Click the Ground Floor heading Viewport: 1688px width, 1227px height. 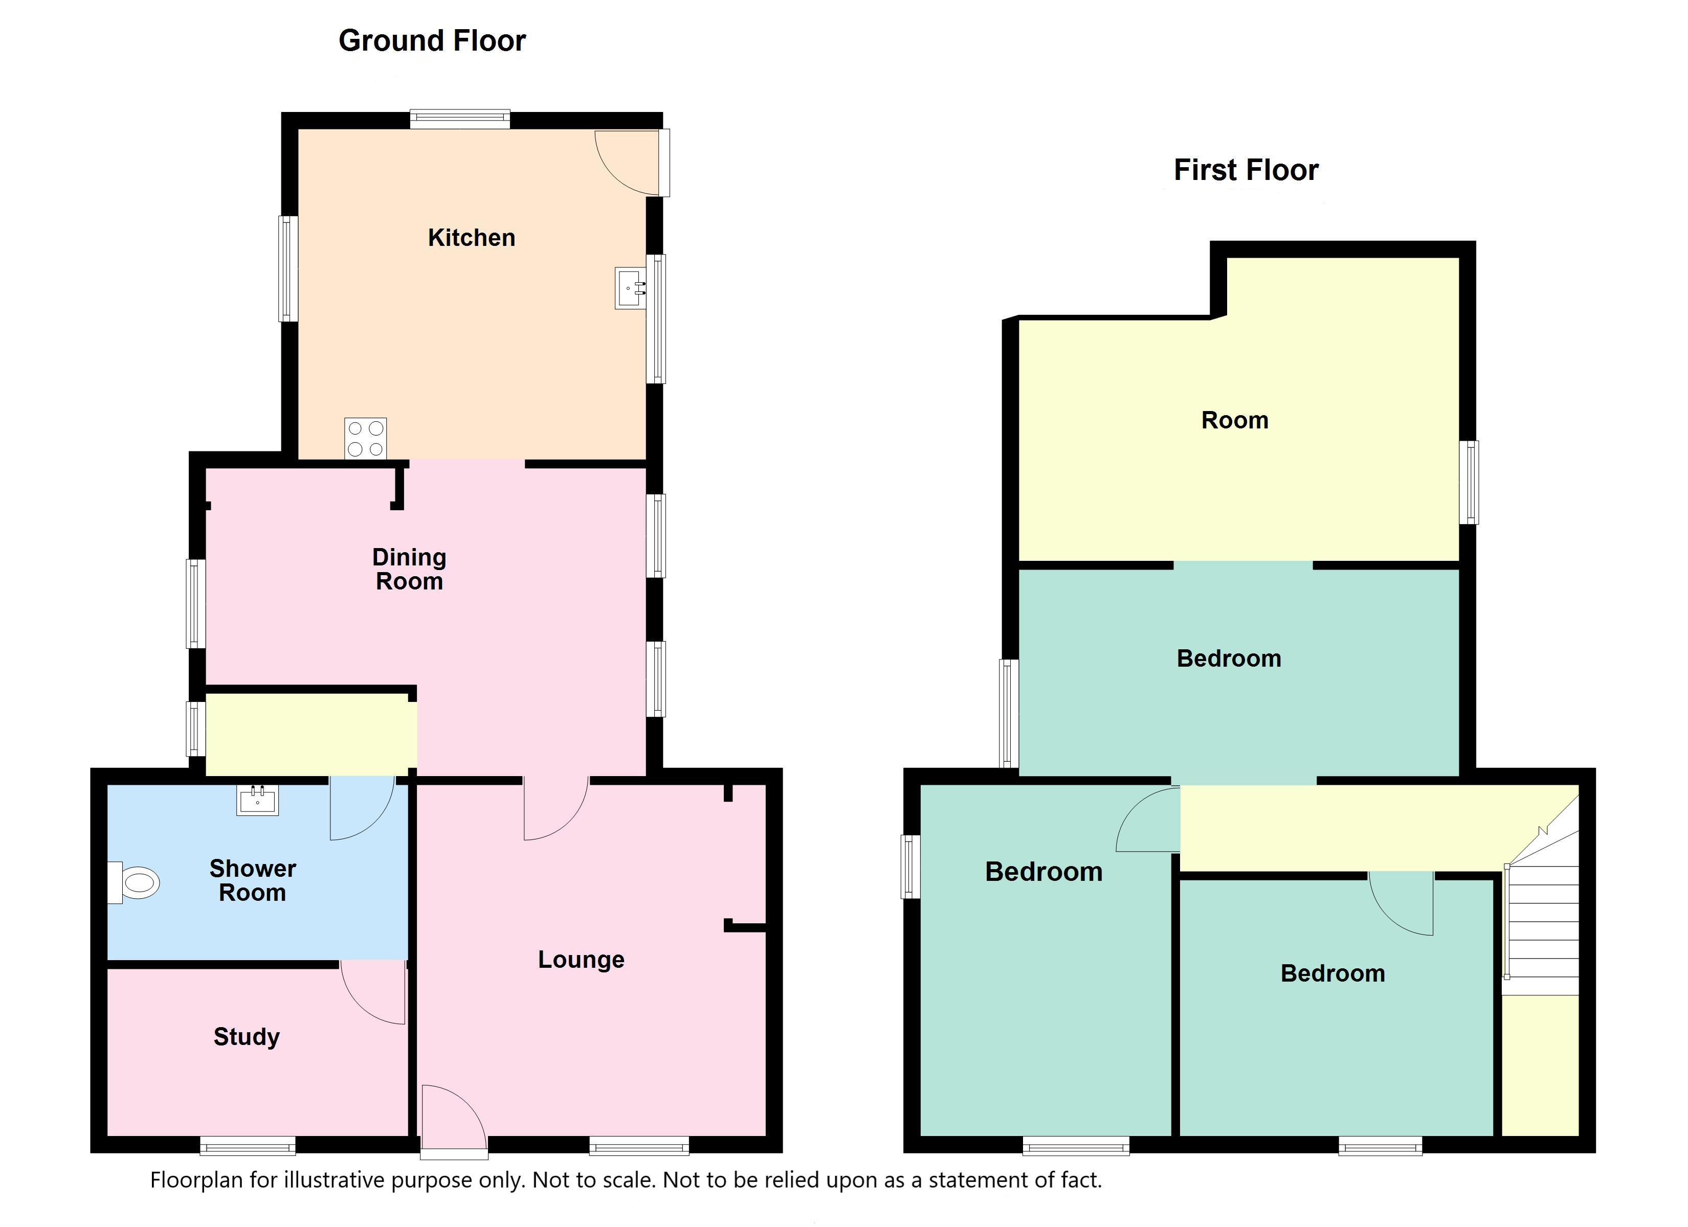point(432,40)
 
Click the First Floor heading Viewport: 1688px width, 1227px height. point(1246,170)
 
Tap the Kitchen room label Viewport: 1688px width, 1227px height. point(471,237)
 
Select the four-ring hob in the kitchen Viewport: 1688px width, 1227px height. point(365,438)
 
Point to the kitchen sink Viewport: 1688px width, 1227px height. point(630,288)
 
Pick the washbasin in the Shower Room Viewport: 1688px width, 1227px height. point(257,801)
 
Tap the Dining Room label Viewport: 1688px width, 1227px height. point(409,569)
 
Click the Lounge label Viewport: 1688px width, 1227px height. point(581,960)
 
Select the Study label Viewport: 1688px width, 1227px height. point(247,1036)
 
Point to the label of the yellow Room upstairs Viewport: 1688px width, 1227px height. point(1235,420)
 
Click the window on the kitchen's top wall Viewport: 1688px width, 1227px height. point(460,119)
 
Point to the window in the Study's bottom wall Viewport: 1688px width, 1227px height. point(248,1145)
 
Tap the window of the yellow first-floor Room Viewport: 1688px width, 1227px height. point(1469,482)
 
